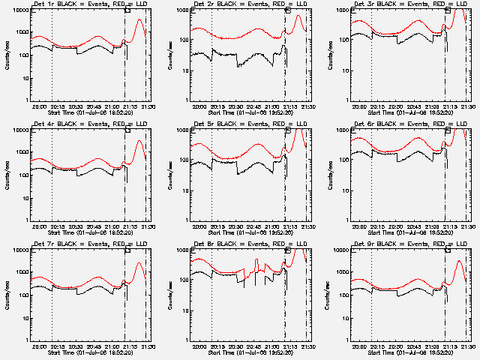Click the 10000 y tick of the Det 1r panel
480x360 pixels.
[19, 10]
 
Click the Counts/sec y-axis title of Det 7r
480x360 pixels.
[6, 295]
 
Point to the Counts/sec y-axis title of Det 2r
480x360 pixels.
[166, 55]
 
